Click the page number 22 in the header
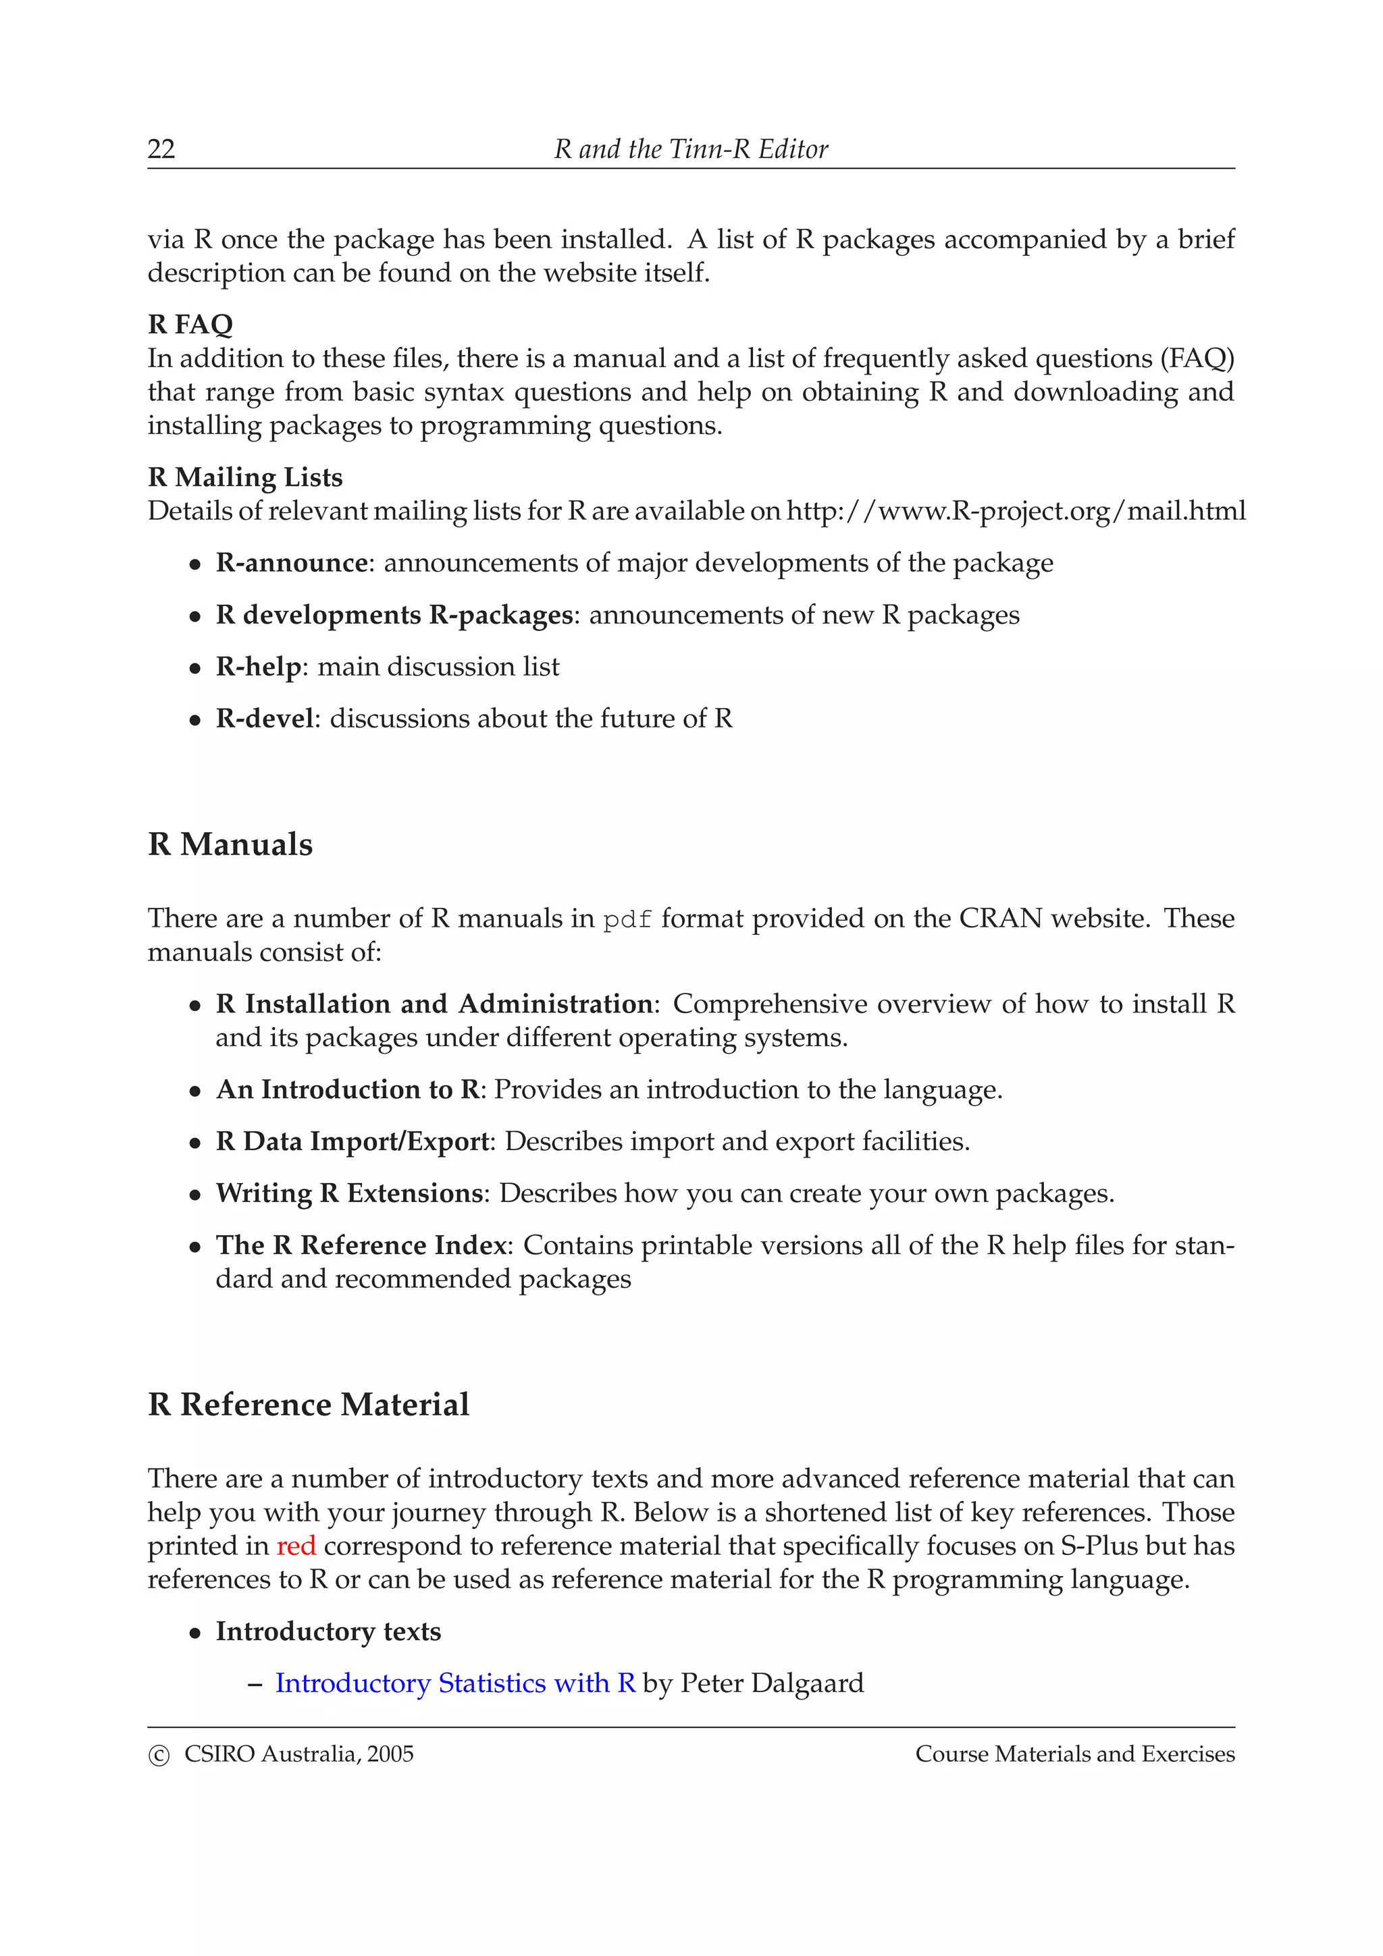[161, 149]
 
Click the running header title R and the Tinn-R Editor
[690, 149]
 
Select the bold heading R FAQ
[190, 324]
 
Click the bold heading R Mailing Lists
[245, 477]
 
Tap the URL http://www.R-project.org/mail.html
[1015, 511]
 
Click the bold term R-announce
[292, 563]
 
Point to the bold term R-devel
[264, 718]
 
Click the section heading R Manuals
[230, 844]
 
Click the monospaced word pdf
[627, 920]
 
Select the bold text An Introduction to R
[348, 1089]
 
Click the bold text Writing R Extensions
[349, 1193]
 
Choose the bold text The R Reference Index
[361, 1245]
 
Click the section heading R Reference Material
[309, 1405]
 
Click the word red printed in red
[296, 1546]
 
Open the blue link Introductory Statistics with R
[455, 1683]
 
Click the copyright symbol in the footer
[159, 1756]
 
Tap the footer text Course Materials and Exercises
[1074, 1754]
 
